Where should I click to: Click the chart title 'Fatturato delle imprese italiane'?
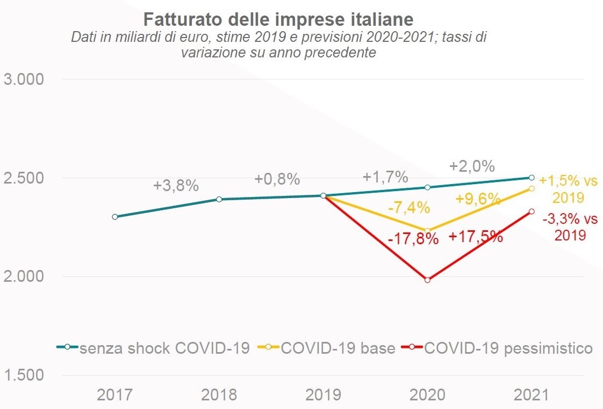tap(278, 20)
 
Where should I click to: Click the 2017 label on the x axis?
tap(114, 395)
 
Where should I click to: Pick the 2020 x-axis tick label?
tap(427, 395)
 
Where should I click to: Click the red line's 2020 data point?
tap(428, 280)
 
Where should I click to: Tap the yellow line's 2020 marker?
tap(428, 231)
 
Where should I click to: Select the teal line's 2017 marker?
tap(115, 217)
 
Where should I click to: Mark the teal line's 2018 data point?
tap(219, 199)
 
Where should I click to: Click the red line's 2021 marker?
tap(532, 211)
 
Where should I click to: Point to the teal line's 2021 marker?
tap(532, 178)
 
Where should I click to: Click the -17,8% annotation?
tap(413, 239)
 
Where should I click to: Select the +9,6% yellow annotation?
tap(478, 199)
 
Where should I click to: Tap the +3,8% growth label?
tap(176, 186)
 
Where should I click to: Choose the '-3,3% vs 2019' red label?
tap(570, 227)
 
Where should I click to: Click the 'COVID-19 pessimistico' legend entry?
tap(508, 348)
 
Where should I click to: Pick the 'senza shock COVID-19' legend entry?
tap(164, 348)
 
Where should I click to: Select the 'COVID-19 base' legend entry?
tap(338, 348)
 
